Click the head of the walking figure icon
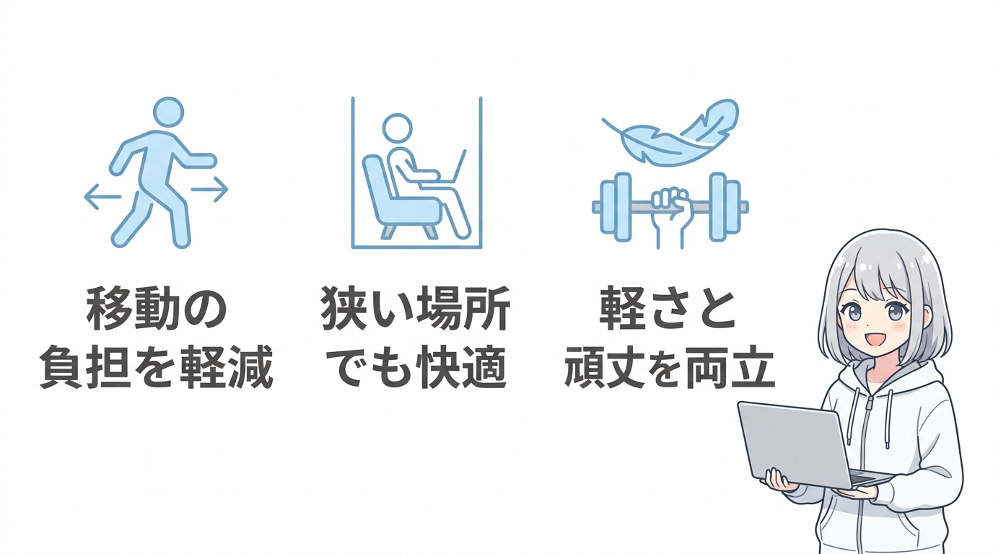[168, 112]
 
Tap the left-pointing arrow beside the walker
[103, 196]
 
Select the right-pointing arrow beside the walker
[210, 189]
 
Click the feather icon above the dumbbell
[670, 132]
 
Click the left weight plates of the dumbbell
[616, 207]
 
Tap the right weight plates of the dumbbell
[725, 207]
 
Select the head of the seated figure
[397, 128]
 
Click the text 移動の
[157, 308]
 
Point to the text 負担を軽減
[156, 367]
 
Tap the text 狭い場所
[416, 308]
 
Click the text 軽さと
[667, 308]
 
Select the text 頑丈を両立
[670, 367]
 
